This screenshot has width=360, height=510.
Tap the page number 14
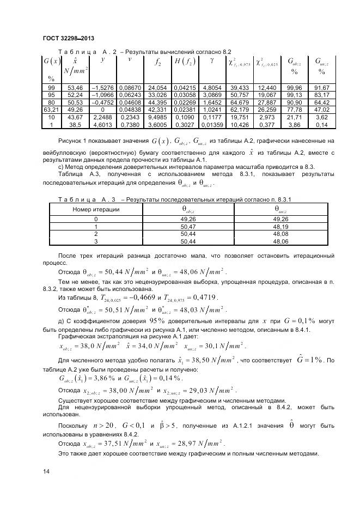coord(46,471)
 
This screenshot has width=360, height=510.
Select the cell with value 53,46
coord(75,88)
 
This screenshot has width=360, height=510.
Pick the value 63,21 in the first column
coord(51,108)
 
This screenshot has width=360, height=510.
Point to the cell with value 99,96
coord(294,88)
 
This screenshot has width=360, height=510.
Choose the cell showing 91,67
coord(321,88)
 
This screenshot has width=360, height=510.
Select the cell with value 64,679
coord(239,102)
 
